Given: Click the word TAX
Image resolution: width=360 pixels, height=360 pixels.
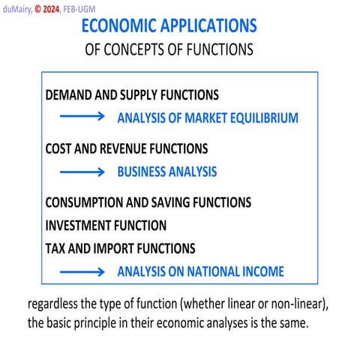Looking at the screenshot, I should click(55, 248).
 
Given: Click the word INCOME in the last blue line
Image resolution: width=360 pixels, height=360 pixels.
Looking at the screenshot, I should click(262, 271).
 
